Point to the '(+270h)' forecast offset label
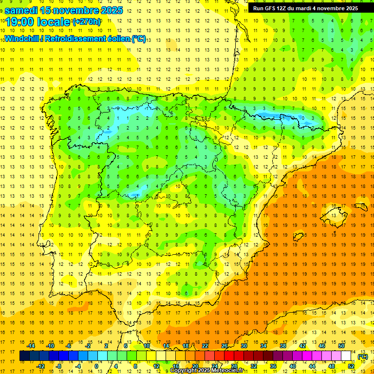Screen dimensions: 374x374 coord(87,22)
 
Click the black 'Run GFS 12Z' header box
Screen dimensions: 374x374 coord(305,8)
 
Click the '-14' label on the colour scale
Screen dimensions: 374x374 coord(31,346)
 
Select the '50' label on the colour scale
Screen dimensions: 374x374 coord(341,346)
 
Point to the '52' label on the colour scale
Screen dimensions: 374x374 coord(351,366)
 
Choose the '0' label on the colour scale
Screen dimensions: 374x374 coord(96,366)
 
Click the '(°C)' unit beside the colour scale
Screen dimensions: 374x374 coord(362,356)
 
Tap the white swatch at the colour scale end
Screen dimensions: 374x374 coord(347,356)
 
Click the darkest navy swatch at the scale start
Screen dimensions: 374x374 coord(24,356)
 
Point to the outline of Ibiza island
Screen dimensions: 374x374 coord(299,237)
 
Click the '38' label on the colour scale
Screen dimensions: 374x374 coord(283,346)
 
